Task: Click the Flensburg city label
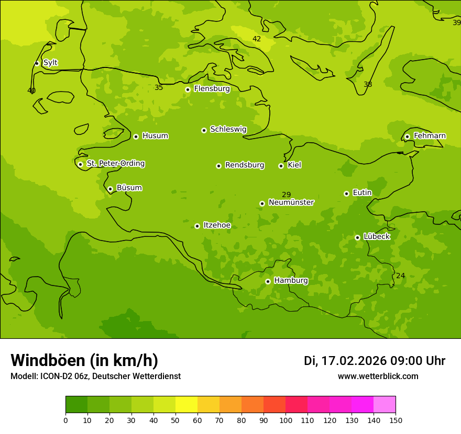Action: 212,89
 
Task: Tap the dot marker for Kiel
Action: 281,166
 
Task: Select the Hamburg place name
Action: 291,281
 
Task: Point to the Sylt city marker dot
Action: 37,63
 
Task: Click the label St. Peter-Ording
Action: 115,164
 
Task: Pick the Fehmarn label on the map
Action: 430,136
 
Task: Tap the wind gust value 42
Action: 257,39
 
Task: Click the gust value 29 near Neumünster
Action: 287,195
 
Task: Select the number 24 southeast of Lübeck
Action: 400,276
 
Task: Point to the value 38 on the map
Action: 368,85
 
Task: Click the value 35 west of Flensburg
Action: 159,88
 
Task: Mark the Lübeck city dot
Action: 357,237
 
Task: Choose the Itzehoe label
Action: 217,225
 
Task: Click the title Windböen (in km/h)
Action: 84,360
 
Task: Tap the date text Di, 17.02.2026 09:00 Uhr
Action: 374,361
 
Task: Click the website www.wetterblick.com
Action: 378,376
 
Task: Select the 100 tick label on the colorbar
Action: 286,420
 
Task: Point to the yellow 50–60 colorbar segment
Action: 186,405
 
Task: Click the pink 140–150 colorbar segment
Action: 385,405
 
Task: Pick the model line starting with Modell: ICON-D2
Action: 95,376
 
